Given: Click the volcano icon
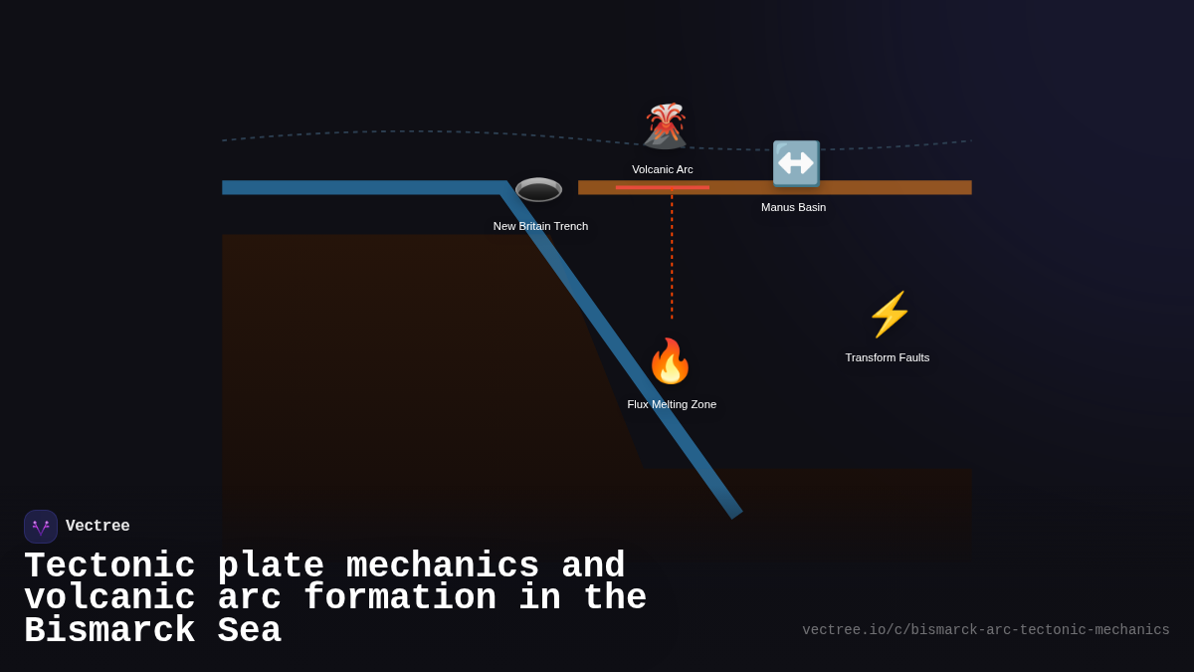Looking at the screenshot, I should pos(665,126).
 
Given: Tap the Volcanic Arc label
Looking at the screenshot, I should pos(663,169).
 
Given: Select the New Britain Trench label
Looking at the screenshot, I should pos(540,226).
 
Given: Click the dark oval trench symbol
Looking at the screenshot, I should pos(538,189).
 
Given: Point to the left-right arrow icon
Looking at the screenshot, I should pos(796,163).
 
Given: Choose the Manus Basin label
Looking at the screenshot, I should pos(793,207).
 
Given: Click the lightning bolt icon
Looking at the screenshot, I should pos(889,315).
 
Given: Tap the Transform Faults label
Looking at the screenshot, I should pos(888,357).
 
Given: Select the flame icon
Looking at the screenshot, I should pos(670,361).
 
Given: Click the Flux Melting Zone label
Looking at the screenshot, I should pos(672,404).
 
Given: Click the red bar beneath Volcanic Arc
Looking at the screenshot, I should pos(662,187).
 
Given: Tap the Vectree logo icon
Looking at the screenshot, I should pos(41,527).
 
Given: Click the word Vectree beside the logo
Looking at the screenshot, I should pos(98,527).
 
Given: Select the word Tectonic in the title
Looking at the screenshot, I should pos(109,566).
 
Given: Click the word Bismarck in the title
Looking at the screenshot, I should pos(109,631).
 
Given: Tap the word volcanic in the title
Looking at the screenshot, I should pos(109,598).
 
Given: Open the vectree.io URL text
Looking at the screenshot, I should pos(985,630).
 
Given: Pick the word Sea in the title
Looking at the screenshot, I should pos(249,631).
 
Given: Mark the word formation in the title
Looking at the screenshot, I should pos(400,598).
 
